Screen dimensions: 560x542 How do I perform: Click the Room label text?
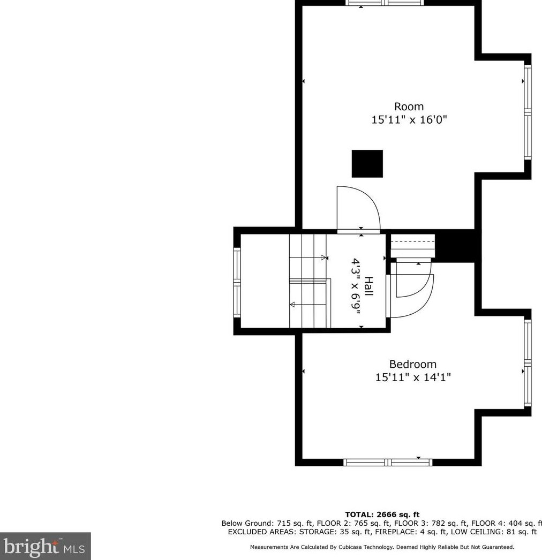tap(409, 107)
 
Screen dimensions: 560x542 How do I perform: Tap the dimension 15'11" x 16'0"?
tap(409, 120)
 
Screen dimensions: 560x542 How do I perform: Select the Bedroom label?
tap(412, 365)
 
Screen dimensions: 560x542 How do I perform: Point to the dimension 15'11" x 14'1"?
tap(412, 377)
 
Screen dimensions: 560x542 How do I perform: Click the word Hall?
tap(368, 287)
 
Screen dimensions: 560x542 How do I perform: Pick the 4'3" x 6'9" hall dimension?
tap(356, 287)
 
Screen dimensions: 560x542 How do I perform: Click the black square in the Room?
tap(367, 163)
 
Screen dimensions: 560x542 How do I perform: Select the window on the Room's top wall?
tap(385, 3)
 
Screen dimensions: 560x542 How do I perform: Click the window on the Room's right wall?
tap(527, 112)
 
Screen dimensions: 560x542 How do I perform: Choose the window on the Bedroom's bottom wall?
tap(387, 462)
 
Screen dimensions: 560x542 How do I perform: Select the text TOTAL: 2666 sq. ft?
tap(382, 515)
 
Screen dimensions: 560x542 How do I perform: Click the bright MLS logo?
tap(46, 547)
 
